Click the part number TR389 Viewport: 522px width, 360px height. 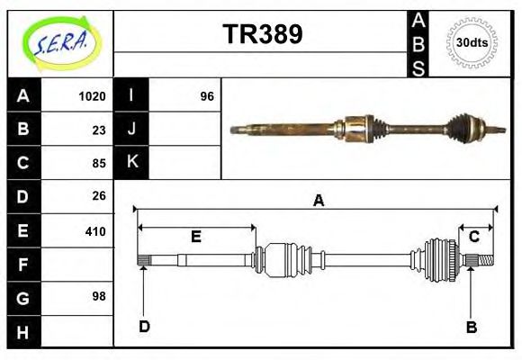pos(262,34)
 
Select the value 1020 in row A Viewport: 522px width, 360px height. pos(93,96)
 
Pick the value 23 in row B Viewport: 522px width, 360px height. pos(99,130)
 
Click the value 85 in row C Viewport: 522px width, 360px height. pos(99,164)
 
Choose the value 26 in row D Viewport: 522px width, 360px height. pos(99,195)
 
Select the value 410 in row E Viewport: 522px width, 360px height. pos(95,230)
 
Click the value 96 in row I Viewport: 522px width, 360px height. pos(207,96)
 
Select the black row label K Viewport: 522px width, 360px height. pos(132,162)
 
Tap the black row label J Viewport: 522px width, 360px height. pos(132,129)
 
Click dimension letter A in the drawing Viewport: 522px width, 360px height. pos(318,202)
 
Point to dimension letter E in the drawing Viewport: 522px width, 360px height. pos(195,238)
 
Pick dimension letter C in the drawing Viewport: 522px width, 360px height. pos(473,237)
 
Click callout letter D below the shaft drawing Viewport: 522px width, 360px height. pos(144,326)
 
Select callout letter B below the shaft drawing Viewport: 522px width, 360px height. pos(471,327)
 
